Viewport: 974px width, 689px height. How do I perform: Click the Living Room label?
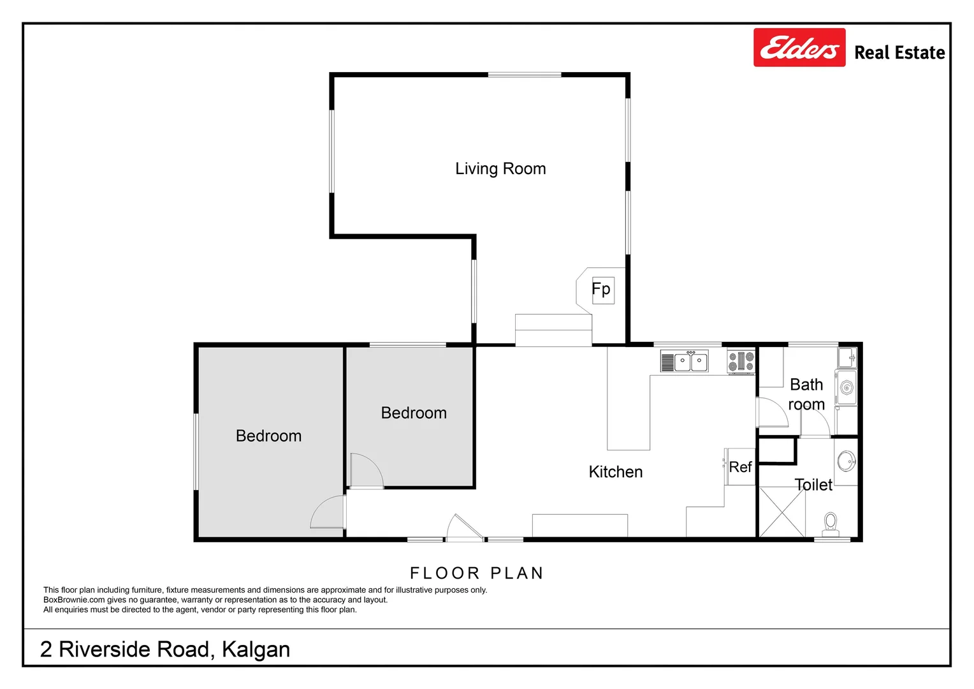(500, 169)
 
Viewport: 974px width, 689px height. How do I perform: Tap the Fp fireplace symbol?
(602, 290)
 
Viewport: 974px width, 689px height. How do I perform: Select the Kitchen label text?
(615, 472)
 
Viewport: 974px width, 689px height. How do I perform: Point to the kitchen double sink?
(691, 362)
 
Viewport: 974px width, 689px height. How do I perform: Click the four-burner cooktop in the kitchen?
(741, 362)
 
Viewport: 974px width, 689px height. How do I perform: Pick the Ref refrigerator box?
(740, 467)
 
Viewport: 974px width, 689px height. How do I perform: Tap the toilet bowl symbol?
(830, 522)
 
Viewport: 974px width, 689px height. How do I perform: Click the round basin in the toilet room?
(847, 461)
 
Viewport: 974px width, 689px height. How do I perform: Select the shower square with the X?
(782, 512)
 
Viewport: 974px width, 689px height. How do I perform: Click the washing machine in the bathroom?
(847, 387)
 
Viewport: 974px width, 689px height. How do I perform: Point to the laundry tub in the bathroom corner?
(847, 357)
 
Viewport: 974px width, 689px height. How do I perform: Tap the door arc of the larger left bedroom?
(328, 513)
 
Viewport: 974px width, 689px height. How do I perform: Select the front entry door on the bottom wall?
(463, 528)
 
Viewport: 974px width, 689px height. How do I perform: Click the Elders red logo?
(799, 48)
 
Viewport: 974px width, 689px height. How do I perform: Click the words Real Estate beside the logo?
(899, 53)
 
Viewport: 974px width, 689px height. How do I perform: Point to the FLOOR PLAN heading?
(476, 573)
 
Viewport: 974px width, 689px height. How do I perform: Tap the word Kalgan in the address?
(256, 649)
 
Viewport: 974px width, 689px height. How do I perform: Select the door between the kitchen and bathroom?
(772, 413)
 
